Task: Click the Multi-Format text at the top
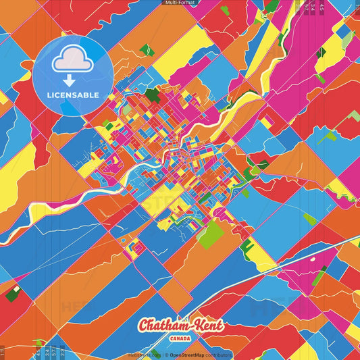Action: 180,3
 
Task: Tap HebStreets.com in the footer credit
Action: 144,355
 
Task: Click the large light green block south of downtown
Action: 213,233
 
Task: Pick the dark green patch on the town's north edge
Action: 153,95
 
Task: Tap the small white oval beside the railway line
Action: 312,257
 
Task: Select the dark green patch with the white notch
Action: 14,293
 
